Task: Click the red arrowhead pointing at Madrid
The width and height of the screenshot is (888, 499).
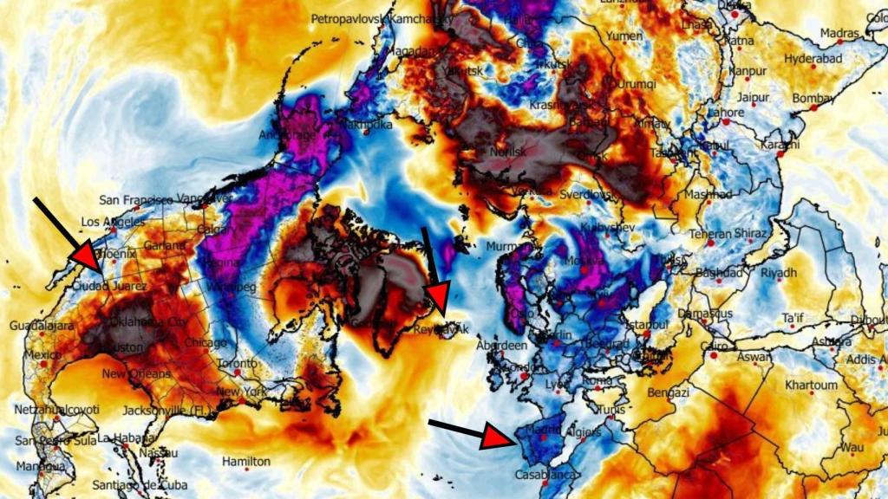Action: pyautogui.click(x=497, y=437)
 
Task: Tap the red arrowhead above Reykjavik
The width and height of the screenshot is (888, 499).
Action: pyautogui.click(x=438, y=297)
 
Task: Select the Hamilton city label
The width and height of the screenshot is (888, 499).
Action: pyautogui.click(x=245, y=462)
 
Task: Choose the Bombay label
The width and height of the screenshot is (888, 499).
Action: pyautogui.click(x=813, y=99)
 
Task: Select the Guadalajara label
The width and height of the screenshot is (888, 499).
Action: pyautogui.click(x=41, y=325)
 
